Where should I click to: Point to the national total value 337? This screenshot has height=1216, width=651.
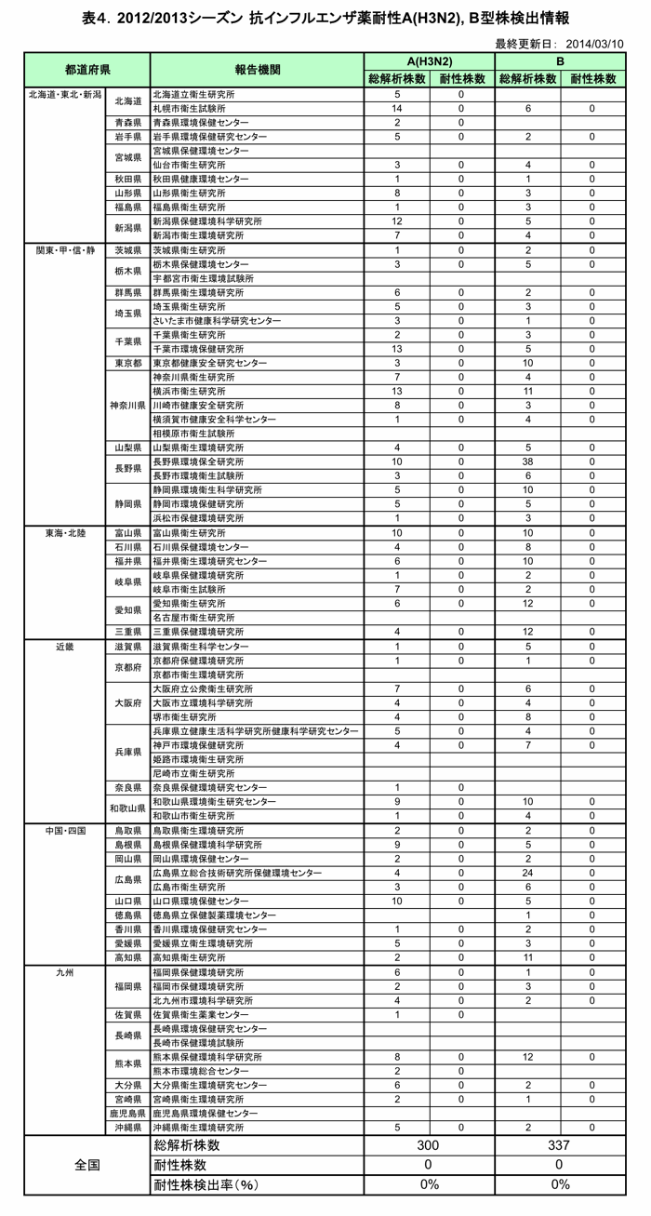(x=559, y=1145)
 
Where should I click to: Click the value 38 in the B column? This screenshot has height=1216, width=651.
(x=527, y=461)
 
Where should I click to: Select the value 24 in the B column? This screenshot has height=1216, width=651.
(x=527, y=873)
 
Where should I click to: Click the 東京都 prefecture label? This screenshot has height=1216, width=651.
(x=127, y=362)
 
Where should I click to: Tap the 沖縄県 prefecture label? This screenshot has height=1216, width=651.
(x=127, y=1127)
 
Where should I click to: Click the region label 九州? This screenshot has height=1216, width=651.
(x=65, y=971)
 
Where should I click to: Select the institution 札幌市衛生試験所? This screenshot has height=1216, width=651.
(x=190, y=109)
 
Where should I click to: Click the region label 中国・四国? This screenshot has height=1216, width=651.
(x=65, y=830)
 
